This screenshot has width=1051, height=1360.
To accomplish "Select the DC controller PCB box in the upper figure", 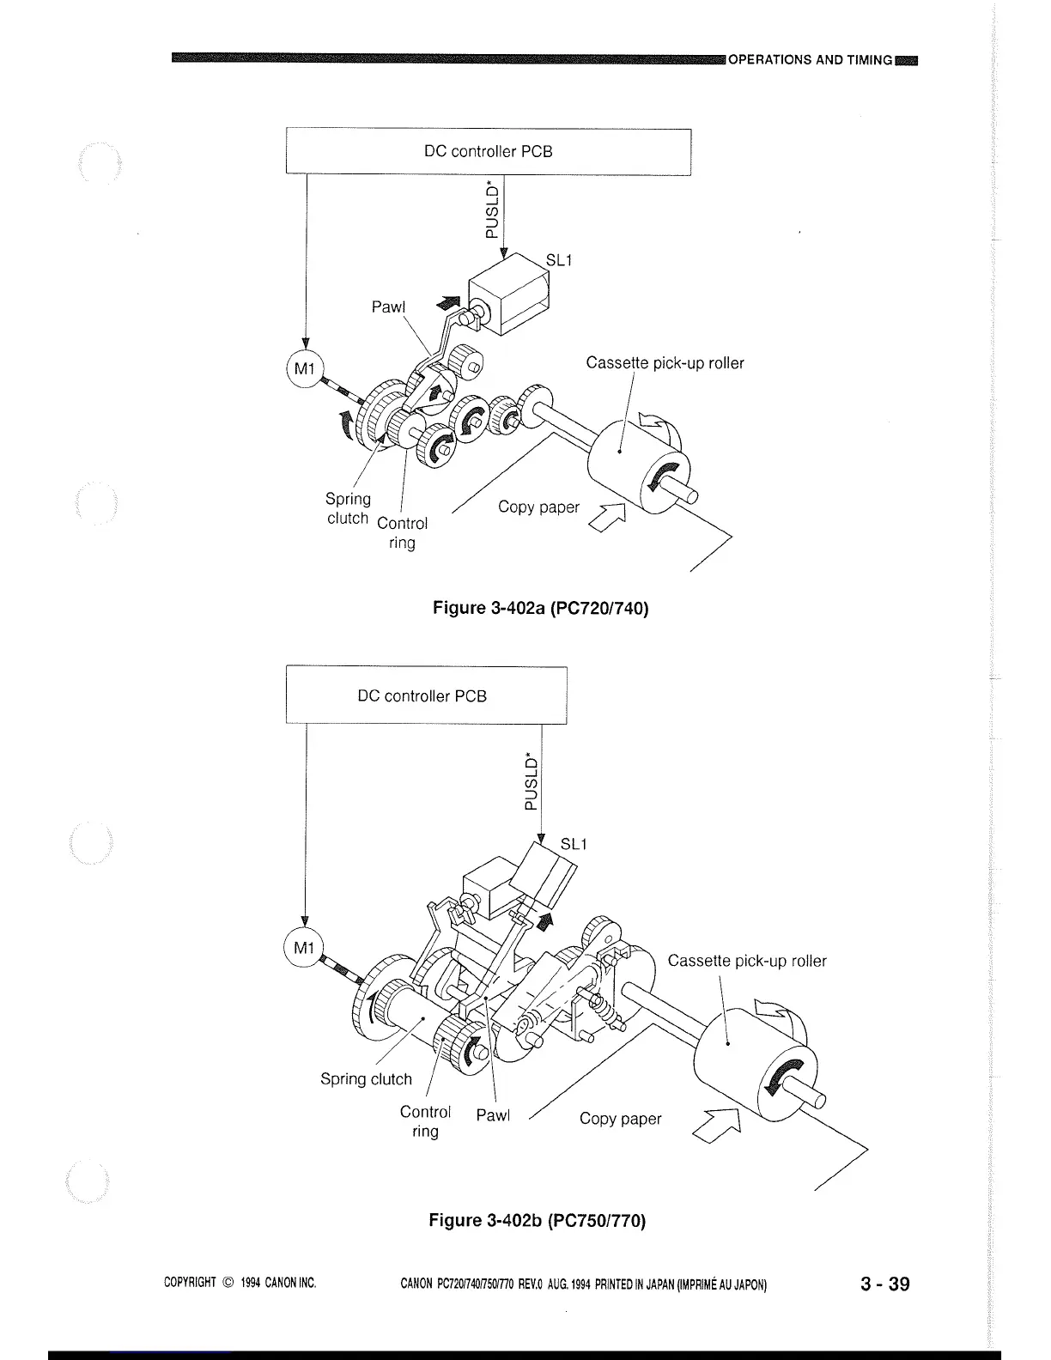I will [x=488, y=152].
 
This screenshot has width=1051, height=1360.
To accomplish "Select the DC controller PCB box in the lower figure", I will [x=425, y=695].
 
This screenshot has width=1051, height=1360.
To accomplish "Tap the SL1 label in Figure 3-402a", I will [x=558, y=260].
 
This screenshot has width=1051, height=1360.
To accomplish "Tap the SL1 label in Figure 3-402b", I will [x=573, y=844].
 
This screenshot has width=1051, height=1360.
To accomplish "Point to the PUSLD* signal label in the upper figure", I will [x=490, y=209].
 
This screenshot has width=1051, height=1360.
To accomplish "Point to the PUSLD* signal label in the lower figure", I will [x=531, y=781].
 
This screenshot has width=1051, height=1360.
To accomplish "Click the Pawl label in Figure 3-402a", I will [x=388, y=307].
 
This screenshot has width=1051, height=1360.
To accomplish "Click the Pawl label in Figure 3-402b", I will [x=493, y=1115].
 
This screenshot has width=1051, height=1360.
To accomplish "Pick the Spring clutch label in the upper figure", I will [x=348, y=508].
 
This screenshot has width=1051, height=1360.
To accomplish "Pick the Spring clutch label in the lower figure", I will [x=366, y=1079].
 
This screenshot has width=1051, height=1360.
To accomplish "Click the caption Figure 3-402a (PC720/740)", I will [x=540, y=609].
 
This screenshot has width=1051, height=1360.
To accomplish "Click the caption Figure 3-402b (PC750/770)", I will [x=537, y=1220].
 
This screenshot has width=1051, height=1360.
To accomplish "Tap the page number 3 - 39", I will [x=884, y=1284].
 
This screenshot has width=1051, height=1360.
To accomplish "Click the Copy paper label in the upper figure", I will [x=538, y=507].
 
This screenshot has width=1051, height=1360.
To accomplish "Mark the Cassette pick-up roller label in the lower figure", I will [x=747, y=961].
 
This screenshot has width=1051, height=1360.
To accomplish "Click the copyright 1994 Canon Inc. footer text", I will [x=240, y=1284].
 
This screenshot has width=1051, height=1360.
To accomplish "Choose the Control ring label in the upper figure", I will [x=402, y=533].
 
